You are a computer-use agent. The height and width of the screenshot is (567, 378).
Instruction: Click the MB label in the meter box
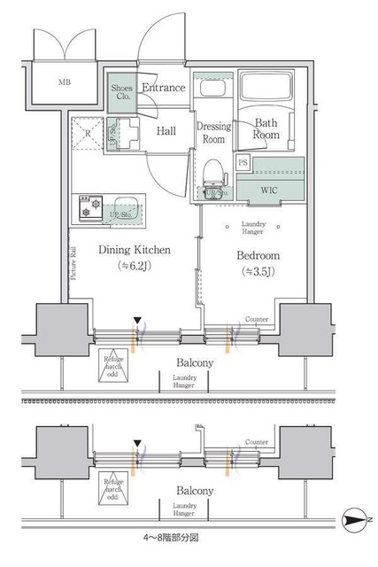point(65,83)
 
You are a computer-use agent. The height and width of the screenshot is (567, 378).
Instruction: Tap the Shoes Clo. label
point(121,91)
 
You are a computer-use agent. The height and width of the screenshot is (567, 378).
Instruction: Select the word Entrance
point(163,88)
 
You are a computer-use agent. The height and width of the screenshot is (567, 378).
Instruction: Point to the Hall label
point(166,131)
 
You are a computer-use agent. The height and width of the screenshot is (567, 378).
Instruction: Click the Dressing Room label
point(212,133)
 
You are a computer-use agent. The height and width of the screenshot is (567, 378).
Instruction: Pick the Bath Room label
point(266,129)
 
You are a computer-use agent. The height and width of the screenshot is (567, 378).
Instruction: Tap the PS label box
point(243,164)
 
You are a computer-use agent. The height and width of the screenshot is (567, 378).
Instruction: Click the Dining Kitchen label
point(134,250)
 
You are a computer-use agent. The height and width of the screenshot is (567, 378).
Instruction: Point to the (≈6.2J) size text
point(133,266)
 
